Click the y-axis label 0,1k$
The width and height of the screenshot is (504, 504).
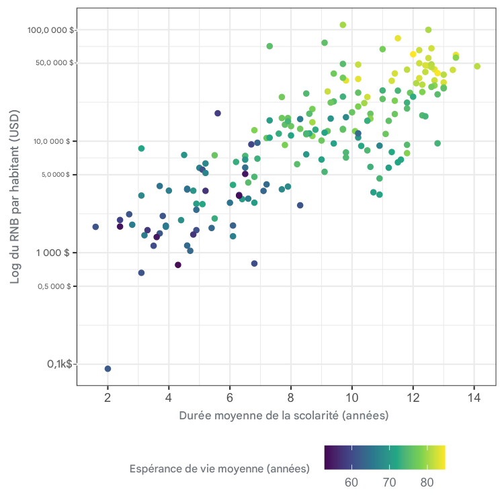tap(60, 364)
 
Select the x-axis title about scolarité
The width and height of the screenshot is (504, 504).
tap(284, 415)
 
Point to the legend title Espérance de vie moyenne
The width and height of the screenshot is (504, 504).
tap(219, 468)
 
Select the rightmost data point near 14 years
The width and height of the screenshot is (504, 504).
tap(477, 66)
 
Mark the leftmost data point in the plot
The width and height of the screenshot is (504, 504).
tap(95, 227)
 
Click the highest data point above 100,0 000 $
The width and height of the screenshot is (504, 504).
tap(343, 25)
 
